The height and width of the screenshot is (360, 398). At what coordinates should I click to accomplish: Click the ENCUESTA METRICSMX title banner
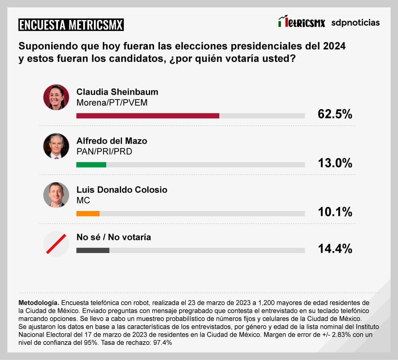[x=71, y=25]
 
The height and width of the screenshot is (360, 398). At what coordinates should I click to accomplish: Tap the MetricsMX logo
[x=301, y=22]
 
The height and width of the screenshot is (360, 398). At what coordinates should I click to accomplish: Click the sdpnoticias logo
[x=355, y=22]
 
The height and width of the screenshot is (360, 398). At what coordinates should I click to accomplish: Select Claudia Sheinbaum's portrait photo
[x=56, y=97]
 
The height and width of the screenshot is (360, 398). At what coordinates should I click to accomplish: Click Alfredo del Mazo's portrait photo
[x=56, y=146]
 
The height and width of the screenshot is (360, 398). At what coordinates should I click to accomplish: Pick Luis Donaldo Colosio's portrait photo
[x=56, y=195]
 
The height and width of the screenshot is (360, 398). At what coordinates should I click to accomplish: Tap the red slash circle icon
[x=56, y=243]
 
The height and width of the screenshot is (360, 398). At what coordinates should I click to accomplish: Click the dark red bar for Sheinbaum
[x=147, y=115]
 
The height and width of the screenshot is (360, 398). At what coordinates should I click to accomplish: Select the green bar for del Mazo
[x=91, y=165]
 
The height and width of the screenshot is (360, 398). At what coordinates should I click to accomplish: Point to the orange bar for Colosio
[x=88, y=213]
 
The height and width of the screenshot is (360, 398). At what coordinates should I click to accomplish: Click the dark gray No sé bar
[x=92, y=250]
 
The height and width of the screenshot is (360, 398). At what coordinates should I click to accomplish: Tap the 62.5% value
[x=335, y=114]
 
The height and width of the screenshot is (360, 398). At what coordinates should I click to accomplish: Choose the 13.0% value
[x=335, y=163]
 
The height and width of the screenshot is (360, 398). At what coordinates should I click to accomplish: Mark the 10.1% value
[x=335, y=212]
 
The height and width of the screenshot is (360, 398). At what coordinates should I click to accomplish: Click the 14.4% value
[x=335, y=249]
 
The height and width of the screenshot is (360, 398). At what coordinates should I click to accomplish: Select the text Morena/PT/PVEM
[x=112, y=103]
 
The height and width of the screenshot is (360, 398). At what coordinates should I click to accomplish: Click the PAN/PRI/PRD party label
[x=104, y=151]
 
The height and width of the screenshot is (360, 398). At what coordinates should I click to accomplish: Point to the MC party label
[x=83, y=200]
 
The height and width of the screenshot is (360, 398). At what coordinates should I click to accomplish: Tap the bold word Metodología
[x=38, y=302]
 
